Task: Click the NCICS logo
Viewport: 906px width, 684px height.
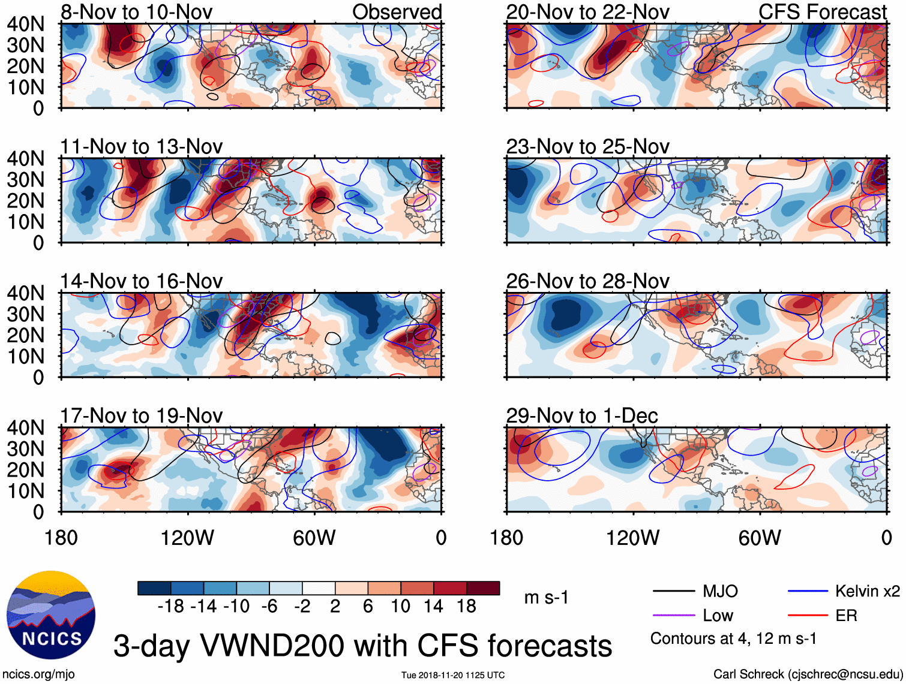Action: pyautogui.click(x=51, y=614)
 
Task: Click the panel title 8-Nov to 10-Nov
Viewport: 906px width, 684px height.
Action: pyautogui.click(x=136, y=12)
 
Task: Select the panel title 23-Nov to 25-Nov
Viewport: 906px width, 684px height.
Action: pyautogui.click(x=587, y=146)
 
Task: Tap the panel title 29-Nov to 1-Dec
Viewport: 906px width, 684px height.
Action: pyautogui.click(x=582, y=415)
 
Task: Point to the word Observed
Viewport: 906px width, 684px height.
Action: pyautogui.click(x=397, y=12)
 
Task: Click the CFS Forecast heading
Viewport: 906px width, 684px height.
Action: pyautogui.click(x=822, y=12)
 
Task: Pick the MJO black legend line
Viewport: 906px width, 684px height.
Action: pyautogui.click(x=674, y=592)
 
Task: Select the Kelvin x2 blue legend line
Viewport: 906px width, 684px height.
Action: pyautogui.click(x=808, y=592)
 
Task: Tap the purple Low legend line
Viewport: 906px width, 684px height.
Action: pyautogui.click(x=674, y=616)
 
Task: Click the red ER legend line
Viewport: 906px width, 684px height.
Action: pyautogui.click(x=808, y=616)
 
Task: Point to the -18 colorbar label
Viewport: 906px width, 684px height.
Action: pyautogui.click(x=171, y=607)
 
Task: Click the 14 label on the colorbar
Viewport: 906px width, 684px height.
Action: pyautogui.click(x=434, y=607)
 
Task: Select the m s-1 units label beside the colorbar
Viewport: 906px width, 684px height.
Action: pyautogui.click(x=546, y=598)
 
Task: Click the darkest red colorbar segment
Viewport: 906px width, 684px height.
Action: pyautogui.click(x=483, y=588)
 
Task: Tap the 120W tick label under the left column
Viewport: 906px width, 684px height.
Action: pyautogui.click(x=187, y=538)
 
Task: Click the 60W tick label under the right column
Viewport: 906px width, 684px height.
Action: pyautogui.click(x=760, y=538)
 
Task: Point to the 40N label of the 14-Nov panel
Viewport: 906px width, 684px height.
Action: pyautogui.click(x=25, y=293)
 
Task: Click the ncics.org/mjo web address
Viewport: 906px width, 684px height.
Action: pyautogui.click(x=38, y=674)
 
